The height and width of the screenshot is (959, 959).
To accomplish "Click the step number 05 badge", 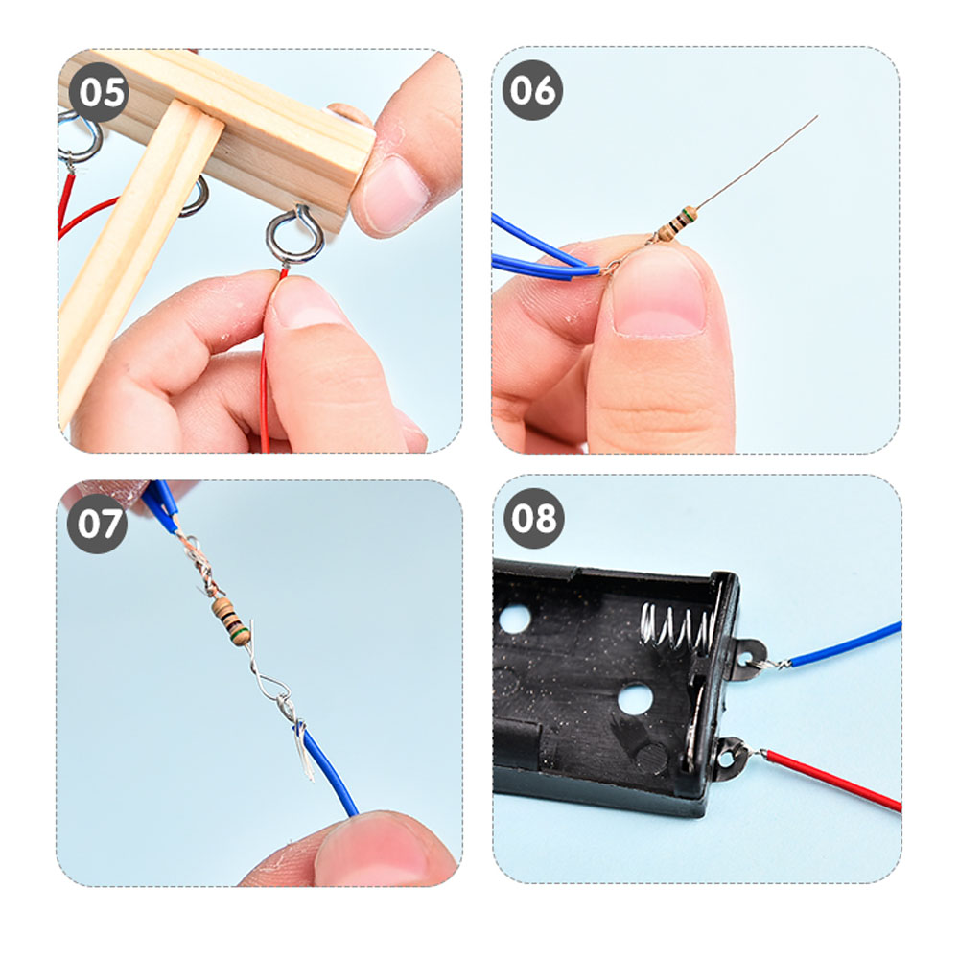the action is pyautogui.click(x=99, y=92).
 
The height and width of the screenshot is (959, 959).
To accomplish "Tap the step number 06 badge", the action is pyautogui.click(x=532, y=90).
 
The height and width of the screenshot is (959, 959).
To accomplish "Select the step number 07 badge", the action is pyautogui.click(x=97, y=524).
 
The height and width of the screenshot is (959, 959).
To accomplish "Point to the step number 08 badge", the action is pyautogui.click(x=533, y=518).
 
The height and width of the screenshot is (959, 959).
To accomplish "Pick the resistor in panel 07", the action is pyautogui.click(x=231, y=621).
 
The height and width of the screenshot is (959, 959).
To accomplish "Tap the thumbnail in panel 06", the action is pyautogui.click(x=659, y=292).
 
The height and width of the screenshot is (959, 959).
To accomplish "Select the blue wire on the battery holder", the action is pyautogui.click(x=845, y=644).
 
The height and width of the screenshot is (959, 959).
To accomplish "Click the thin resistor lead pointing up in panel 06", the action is pyautogui.click(x=756, y=161).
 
